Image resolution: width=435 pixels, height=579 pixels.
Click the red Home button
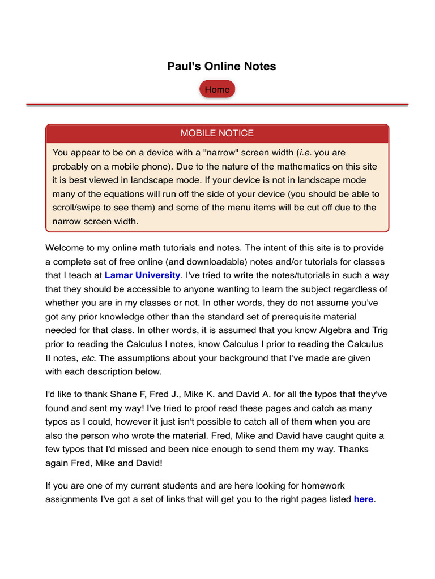[217, 89]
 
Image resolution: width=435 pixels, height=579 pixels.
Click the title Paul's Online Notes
[221, 66]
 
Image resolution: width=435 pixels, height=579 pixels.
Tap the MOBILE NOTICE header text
[217, 133]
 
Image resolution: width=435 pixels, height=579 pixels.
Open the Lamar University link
[142, 275]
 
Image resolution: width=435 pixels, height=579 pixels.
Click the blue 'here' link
[363, 499]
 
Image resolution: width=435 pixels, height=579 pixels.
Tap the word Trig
[379, 330]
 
